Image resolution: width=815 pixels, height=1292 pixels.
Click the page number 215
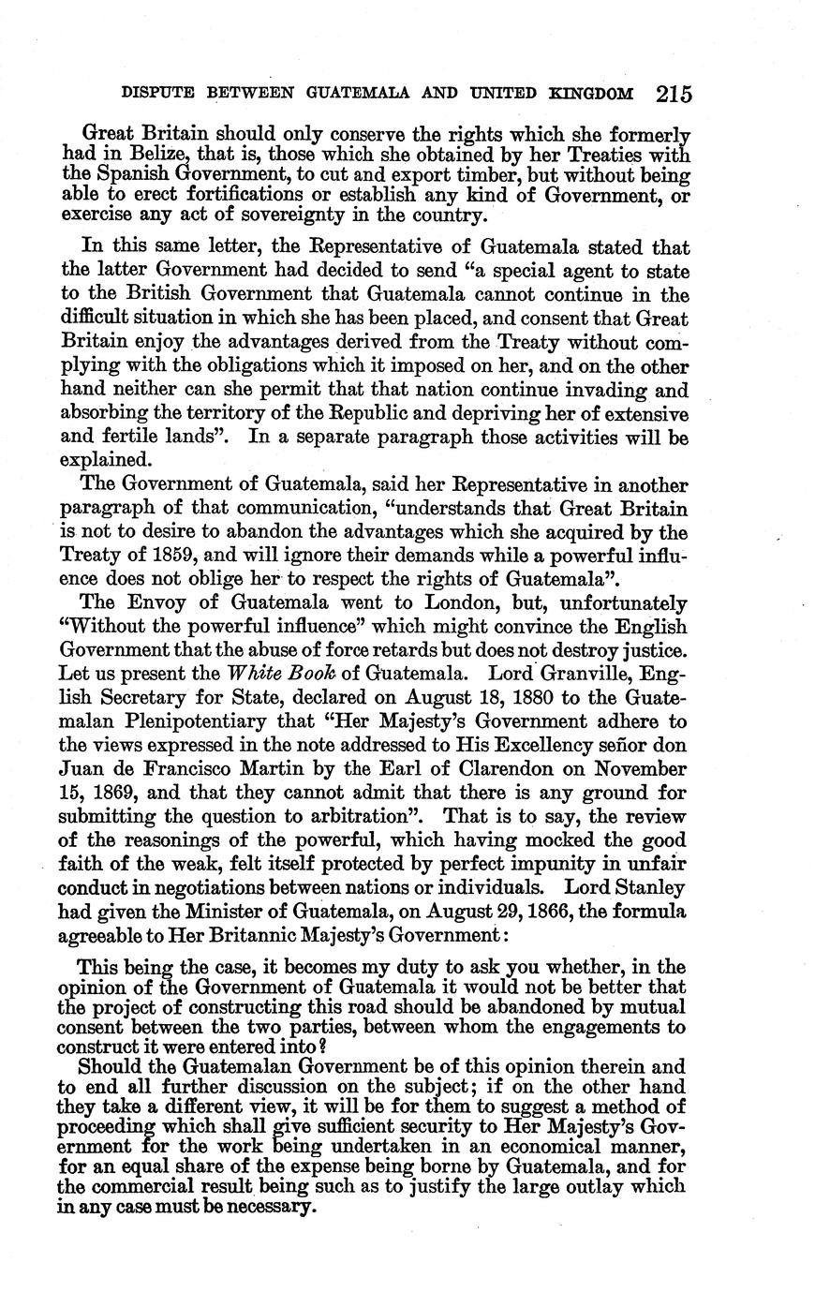[674, 94]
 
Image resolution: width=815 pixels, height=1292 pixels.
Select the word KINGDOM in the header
[591, 94]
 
